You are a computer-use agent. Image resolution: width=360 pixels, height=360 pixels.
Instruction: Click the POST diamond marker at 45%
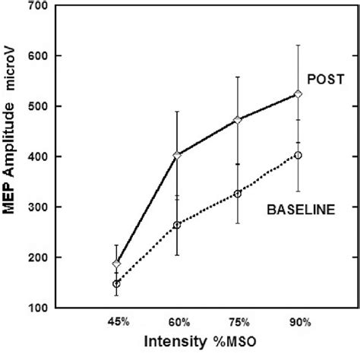pyautogui.click(x=116, y=264)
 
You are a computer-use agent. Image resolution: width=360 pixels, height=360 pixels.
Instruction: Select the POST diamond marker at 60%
pyautogui.click(x=177, y=155)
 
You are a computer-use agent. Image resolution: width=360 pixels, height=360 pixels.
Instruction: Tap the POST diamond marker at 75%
pyautogui.click(x=238, y=119)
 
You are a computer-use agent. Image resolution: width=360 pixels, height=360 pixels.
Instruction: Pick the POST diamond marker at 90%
pyautogui.click(x=298, y=94)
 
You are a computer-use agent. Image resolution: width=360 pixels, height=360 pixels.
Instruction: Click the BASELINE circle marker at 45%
pyautogui.click(x=116, y=283)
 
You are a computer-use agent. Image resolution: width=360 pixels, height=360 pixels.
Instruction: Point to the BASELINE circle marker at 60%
pyautogui.click(x=177, y=225)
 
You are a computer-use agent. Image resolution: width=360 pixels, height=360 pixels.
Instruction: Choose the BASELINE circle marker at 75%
pyautogui.click(x=238, y=194)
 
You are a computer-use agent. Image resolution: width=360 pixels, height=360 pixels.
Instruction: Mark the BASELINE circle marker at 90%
pyautogui.click(x=298, y=155)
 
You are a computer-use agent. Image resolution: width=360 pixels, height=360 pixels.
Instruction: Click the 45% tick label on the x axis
pyautogui.click(x=116, y=323)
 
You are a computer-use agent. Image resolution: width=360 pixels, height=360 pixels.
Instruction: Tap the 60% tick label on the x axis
pyautogui.click(x=177, y=323)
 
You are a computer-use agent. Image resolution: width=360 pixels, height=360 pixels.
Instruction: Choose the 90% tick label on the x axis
pyautogui.click(x=298, y=323)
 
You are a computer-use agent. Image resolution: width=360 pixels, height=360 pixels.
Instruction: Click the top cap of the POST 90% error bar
pyautogui.click(x=298, y=46)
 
